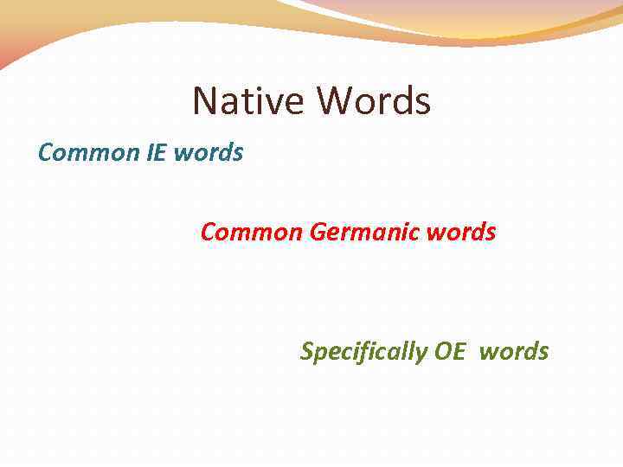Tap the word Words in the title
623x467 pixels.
pyautogui.click(x=373, y=101)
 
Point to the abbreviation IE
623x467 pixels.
pyautogui.click(x=157, y=153)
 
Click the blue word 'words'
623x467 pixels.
pyautogui.click(x=209, y=153)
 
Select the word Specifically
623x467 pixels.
pyautogui.click(x=363, y=352)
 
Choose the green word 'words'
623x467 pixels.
pyautogui.click(x=514, y=352)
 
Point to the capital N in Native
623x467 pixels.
pyautogui.click(x=205, y=101)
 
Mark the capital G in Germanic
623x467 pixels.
pyautogui.click(x=317, y=233)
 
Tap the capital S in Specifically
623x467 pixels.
pyautogui.click(x=306, y=352)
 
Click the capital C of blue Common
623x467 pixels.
pyautogui.click(x=45, y=153)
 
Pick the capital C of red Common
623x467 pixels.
pyautogui.click(x=208, y=233)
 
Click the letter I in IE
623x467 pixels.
pyautogui.click(x=149, y=153)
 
